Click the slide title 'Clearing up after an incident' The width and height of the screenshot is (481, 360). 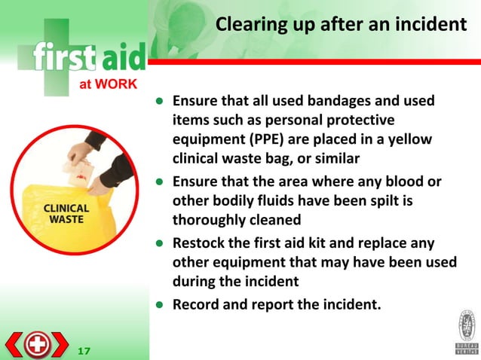(341, 25)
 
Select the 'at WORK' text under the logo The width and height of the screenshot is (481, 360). (108, 84)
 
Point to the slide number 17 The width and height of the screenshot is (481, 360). (84, 350)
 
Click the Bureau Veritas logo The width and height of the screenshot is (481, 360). (466, 331)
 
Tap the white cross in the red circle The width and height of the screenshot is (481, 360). (36, 344)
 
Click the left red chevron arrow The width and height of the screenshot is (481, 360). (12, 344)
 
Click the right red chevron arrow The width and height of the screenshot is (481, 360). (61, 344)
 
